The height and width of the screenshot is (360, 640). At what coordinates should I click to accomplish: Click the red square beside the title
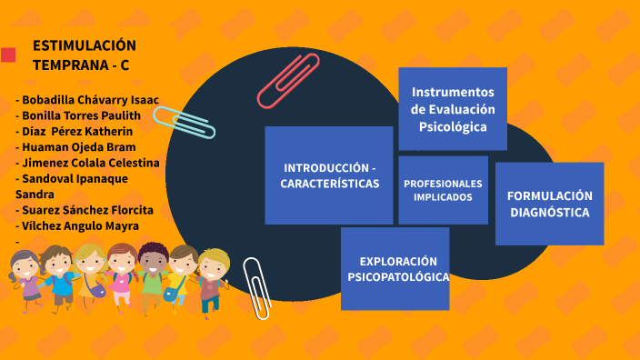click(x=8, y=55)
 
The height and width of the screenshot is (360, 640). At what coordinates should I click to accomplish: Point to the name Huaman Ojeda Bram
click(x=79, y=146)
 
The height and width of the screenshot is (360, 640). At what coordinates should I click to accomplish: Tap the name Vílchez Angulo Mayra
click(x=79, y=225)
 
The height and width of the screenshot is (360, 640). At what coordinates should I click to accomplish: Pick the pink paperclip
click(x=288, y=80)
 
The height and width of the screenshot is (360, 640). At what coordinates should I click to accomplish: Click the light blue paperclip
click(x=185, y=122)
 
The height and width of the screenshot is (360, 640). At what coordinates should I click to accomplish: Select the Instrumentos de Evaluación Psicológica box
click(x=453, y=108)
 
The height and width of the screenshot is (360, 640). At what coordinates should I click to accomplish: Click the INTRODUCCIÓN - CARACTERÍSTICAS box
click(x=329, y=175)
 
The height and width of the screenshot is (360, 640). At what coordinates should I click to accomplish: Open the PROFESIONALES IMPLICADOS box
click(x=443, y=190)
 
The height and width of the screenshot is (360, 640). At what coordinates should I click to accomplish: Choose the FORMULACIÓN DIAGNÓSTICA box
click(x=549, y=204)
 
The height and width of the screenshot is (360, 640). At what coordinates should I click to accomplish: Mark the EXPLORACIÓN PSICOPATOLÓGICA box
click(x=395, y=269)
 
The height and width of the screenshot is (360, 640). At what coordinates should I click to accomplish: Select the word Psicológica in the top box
click(x=453, y=126)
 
